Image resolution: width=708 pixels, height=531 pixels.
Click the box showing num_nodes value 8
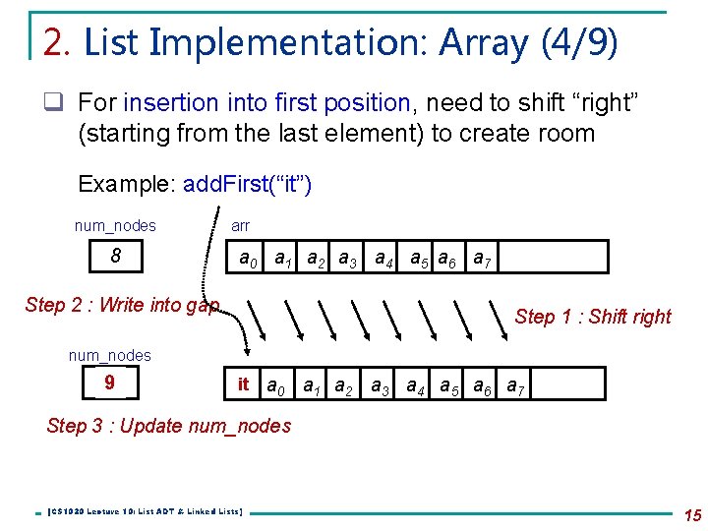tap(115, 257)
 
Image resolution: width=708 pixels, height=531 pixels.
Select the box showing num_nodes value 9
tap(108, 383)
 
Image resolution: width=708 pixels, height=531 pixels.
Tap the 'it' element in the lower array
tap(243, 384)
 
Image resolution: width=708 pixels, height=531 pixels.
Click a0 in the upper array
tap(250, 260)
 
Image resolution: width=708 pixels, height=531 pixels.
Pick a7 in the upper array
tap(483, 260)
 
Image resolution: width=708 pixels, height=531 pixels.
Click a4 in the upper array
tap(384, 260)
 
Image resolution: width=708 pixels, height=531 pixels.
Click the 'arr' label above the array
tap(240, 226)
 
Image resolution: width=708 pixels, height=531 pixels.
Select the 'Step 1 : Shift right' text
tap(592, 317)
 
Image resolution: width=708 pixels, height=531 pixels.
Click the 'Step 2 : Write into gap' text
tap(122, 305)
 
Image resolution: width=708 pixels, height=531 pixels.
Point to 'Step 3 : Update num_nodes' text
tap(169, 426)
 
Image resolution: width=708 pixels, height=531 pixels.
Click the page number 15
tap(690, 514)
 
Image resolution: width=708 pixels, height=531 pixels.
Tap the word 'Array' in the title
tap(484, 42)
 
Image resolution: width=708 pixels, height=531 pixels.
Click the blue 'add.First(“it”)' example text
tap(247, 184)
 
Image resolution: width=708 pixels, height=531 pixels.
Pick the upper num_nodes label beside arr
tap(115, 226)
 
